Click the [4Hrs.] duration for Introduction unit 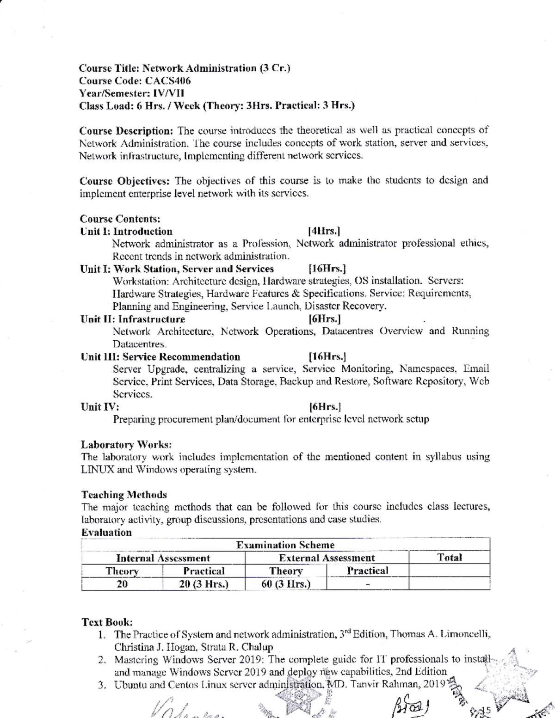325,231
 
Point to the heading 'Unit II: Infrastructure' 133,319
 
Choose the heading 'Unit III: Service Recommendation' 160,357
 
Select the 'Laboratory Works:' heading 126,445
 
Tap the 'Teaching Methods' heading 124,495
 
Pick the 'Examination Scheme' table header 285,545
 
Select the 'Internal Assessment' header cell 163,558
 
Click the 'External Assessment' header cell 327,558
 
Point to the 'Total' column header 450,558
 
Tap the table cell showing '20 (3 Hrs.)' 203,584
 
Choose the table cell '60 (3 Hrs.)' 285,584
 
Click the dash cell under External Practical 368,584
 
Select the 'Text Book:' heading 107,622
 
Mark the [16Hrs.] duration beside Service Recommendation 327,357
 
